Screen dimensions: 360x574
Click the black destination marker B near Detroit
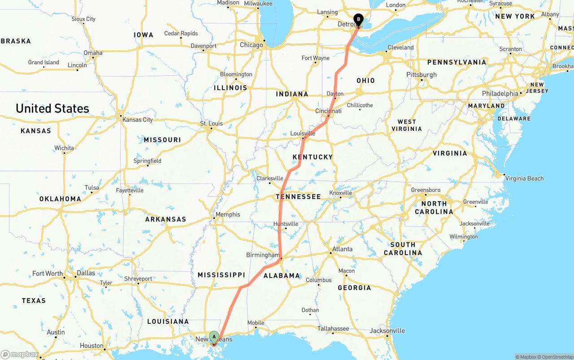pos(358,19)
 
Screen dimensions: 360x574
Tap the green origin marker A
pos(214,336)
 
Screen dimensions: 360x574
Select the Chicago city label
pos(251,45)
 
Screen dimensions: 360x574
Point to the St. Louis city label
pos(211,123)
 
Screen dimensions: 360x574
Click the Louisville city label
pos(303,133)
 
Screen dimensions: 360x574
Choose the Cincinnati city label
pos(328,111)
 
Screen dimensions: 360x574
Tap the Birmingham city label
pos(263,255)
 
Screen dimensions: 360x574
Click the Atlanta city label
pos(342,249)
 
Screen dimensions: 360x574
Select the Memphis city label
pos(228,214)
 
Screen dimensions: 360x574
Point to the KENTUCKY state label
pos(313,157)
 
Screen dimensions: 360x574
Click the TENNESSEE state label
pos(298,196)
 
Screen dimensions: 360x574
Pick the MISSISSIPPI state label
pos(221,274)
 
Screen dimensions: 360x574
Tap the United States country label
pos(52,108)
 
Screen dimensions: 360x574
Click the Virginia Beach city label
pos(524,178)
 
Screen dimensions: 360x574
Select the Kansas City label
pos(137,120)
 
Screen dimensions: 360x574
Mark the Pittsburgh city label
pos(421,74)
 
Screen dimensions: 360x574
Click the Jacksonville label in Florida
pos(387,331)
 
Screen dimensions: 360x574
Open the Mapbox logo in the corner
pos(20,355)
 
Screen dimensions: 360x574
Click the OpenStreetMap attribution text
pos(556,357)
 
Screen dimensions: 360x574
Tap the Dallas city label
pos(86,273)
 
